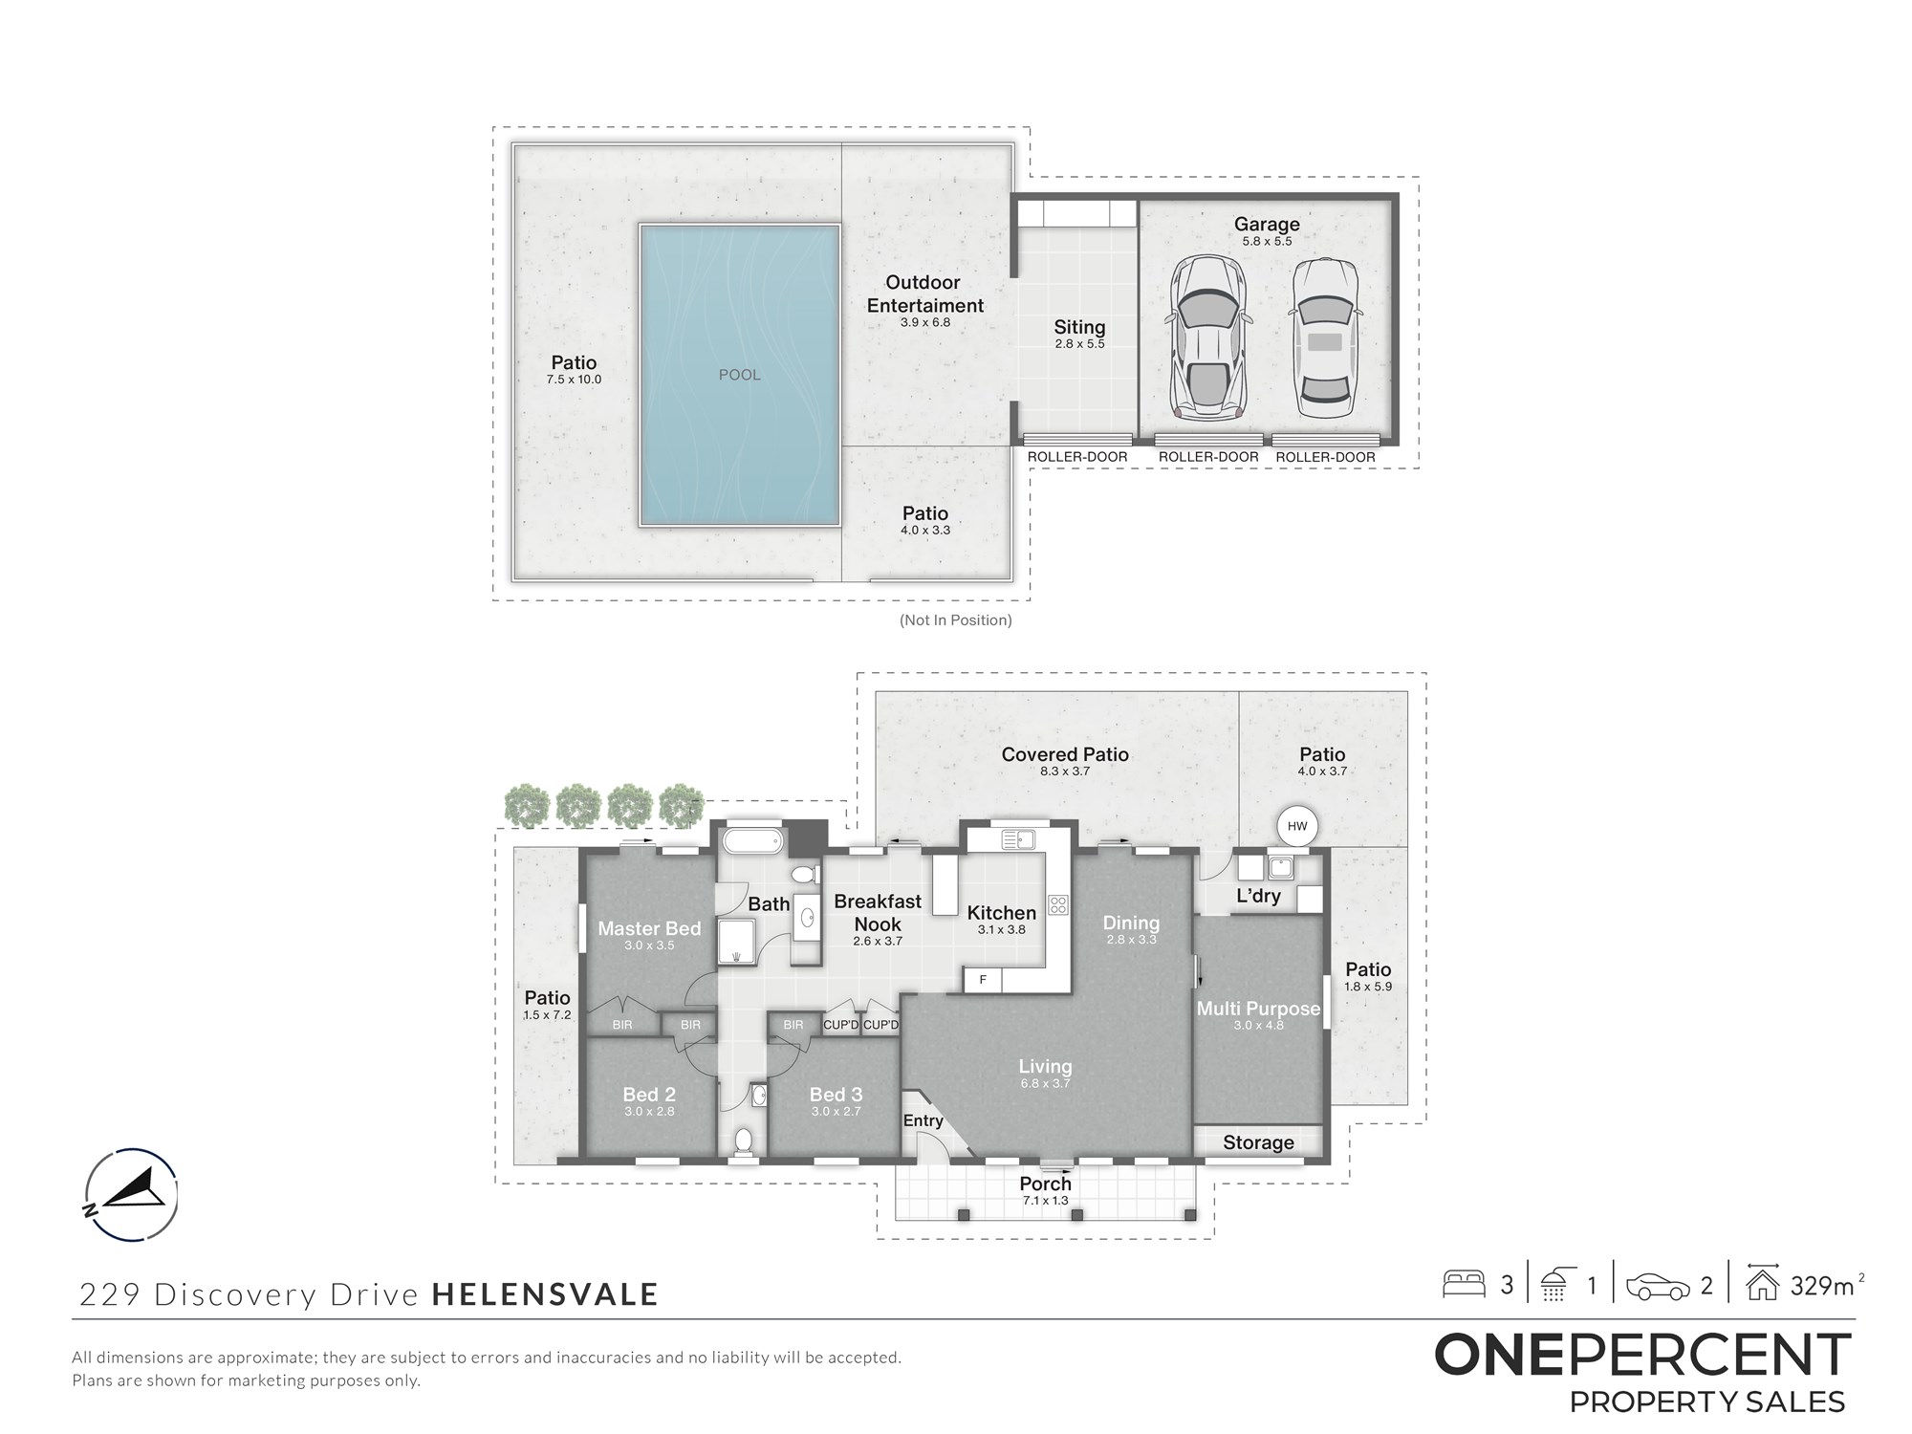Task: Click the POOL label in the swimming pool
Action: [740, 375]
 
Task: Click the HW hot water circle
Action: [1297, 827]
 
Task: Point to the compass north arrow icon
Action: [131, 1194]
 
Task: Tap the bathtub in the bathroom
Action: [752, 842]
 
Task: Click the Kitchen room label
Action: [1001, 913]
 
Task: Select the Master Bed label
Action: [649, 928]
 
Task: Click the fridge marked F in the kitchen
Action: [982, 980]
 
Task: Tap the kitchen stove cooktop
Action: [1058, 903]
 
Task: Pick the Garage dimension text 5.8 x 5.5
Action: [1267, 242]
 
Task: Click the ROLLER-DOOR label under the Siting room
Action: [1077, 457]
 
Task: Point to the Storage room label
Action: [1258, 1142]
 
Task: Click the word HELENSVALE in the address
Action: [545, 1294]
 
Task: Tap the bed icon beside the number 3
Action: [1463, 1283]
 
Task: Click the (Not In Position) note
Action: [956, 620]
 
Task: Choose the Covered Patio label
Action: [1065, 754]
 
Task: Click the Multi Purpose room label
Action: [1258, 1009]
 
